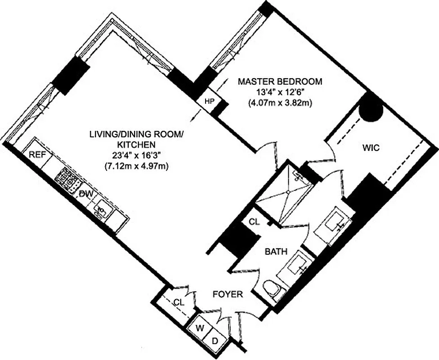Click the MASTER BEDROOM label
pos(280,82)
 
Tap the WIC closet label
pos(372,147)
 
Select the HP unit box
pos(209,102)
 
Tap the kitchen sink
pos(101,209)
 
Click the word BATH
pos(276,252)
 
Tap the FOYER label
pos(227,295)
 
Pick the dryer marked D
pos(215,341)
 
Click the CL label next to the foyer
pos(179,302)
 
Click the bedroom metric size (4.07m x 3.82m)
pos(280,103)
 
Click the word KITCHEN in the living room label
pos(136,145)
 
